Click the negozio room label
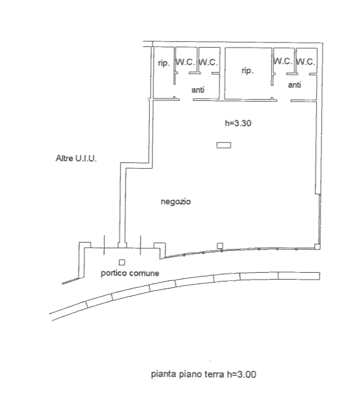tap(176, 202)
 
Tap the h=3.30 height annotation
tap(238, 124)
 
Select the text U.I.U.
tap(85, 159)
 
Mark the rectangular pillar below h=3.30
tap(224, 145)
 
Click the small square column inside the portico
tap(122, 262)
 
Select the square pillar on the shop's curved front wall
tap(220, 246)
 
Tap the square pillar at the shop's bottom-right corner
tap(317, 246)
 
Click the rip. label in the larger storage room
tap(248, 71)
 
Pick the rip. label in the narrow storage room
tap(164, 63)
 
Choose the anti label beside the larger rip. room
tap(294, 85)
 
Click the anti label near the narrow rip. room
tap(198, 90)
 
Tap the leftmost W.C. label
tap(185, 62)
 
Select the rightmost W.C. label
tap(305, 61)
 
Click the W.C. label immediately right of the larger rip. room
tap(283, 61)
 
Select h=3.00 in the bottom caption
tap(241, 374)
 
